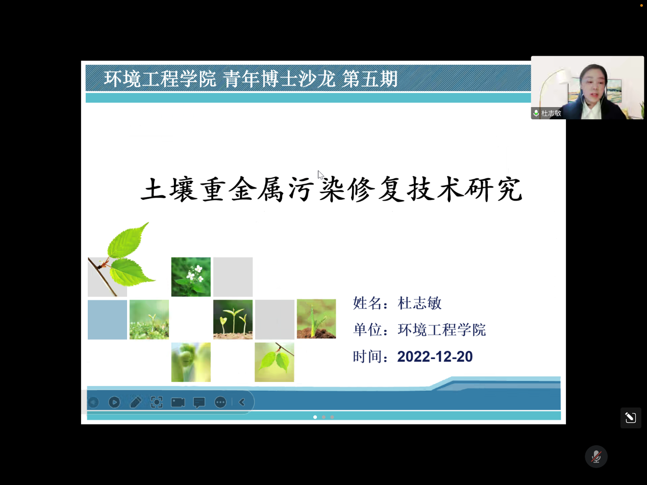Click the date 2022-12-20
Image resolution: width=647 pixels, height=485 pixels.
435,356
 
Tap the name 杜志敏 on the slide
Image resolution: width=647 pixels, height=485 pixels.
419,303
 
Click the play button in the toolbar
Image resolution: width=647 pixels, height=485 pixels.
114,402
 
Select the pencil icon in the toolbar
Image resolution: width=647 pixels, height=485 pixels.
136,402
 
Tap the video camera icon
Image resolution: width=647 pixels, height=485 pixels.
178,402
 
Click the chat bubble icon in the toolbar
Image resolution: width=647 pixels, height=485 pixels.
200,402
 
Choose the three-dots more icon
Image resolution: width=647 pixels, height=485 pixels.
220,402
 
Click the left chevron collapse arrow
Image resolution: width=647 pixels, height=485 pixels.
242,402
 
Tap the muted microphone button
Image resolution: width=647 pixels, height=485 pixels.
596,456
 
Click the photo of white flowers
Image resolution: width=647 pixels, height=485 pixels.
191,277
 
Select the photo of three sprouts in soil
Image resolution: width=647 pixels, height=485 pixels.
233,319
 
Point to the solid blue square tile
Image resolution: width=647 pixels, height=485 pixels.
107,320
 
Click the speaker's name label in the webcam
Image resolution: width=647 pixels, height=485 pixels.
551,113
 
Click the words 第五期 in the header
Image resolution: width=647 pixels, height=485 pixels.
370,79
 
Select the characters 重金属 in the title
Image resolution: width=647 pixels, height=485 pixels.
242,189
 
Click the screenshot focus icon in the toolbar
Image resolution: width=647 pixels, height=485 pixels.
157,402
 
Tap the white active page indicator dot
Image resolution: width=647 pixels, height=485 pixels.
315,417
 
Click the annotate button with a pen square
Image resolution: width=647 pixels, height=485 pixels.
631,418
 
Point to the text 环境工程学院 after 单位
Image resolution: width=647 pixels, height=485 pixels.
441,330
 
